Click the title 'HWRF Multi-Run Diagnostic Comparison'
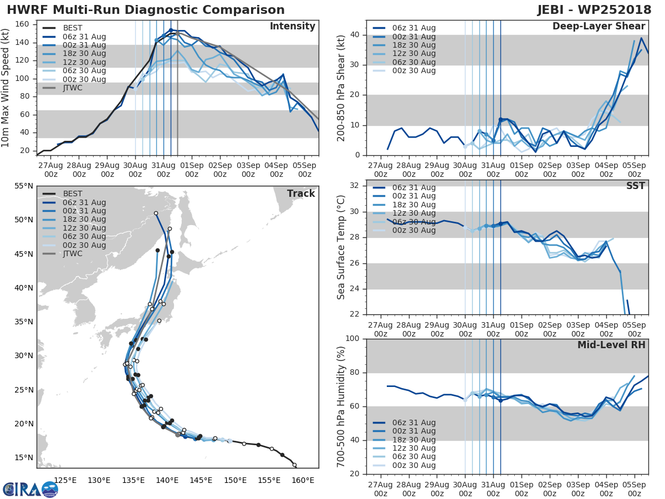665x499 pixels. [146, 10]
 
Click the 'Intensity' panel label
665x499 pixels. [292, 27]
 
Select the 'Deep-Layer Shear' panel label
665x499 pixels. [598, 27]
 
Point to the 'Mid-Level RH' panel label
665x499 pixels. [611, 345]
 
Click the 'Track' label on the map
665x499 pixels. [301, 194]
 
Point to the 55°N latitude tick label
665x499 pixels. [24, 186]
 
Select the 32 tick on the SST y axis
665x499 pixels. [355, 186]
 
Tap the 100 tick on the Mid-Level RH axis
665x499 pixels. [352, 339]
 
